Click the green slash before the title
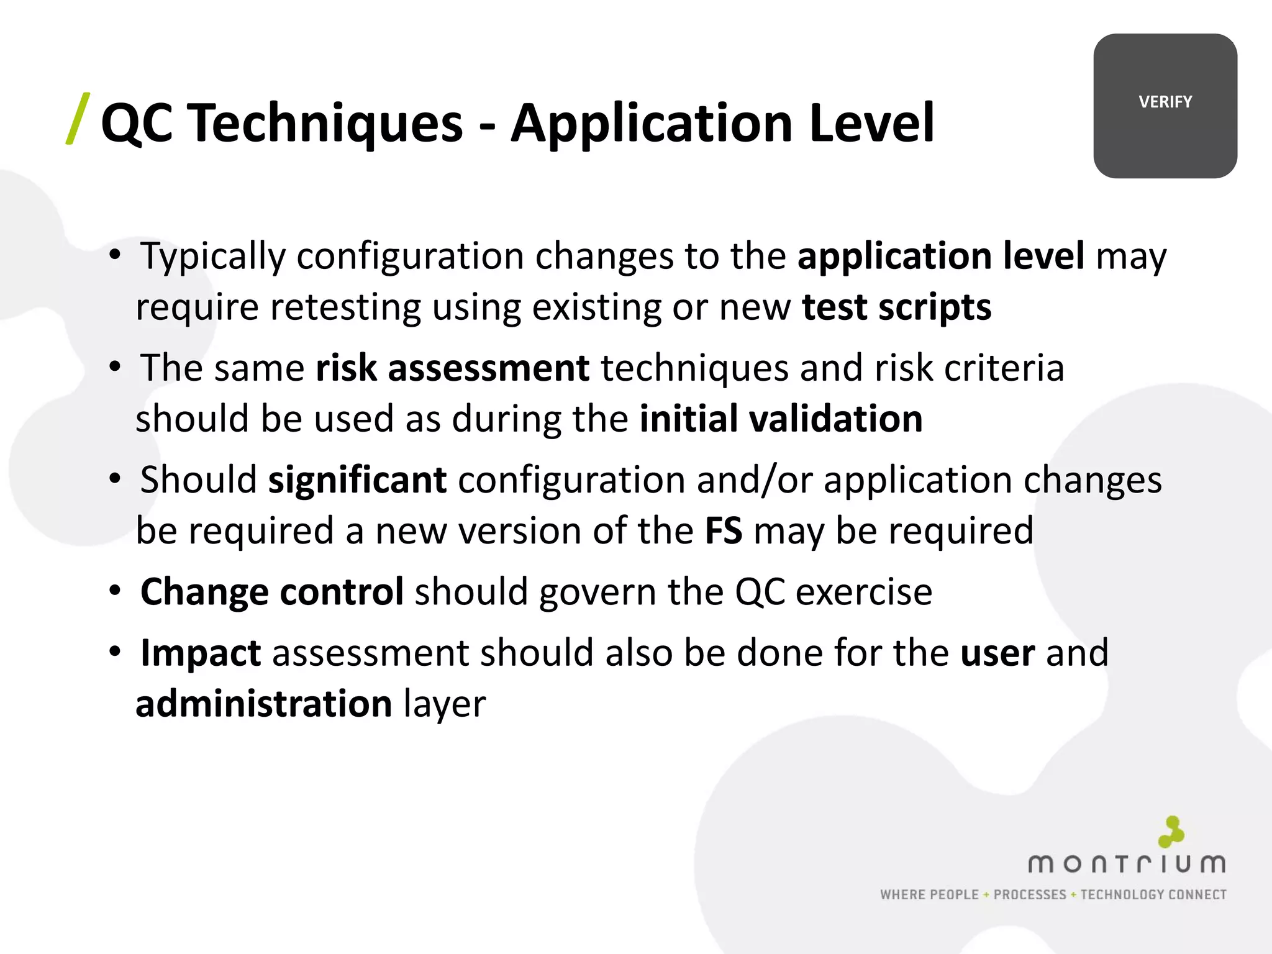(78, 119)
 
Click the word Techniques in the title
(325, 123)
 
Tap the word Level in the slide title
(871, 123)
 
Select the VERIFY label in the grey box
(1165, 102)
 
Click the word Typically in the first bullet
(212, 256)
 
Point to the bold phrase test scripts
(896, 307)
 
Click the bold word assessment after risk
(488, 368)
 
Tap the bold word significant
(357, 480)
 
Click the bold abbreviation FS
(724, 531)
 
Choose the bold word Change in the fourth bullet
(205, 592)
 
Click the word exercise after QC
(864, 592)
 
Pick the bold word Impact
(201, 653)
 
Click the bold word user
(997, 653)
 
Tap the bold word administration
(263, 704)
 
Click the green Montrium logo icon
(1171, 832)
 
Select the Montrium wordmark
(1127, 864)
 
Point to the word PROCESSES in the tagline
(1030, 895)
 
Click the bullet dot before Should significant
(115, 479)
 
